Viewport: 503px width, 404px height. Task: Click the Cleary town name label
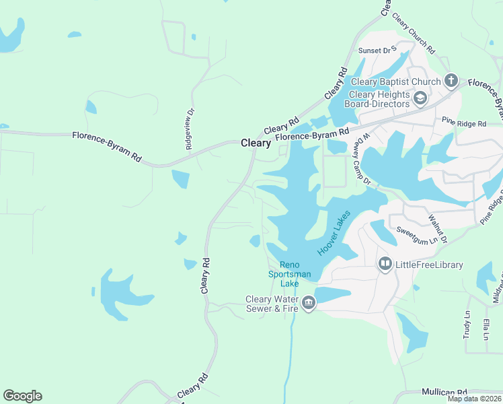pos(256,143)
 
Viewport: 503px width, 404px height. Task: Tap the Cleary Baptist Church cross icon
pos(451,81)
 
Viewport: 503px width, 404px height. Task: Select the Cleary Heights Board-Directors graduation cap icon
pos(420,99)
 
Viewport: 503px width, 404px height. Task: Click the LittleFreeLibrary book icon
pos(385,264)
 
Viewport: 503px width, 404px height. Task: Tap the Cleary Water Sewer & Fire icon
pos(309,304)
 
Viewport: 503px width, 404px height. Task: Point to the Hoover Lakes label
pos(334,232)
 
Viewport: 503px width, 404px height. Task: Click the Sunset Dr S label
pos(378,50)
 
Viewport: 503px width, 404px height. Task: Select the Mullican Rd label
pos(444,392)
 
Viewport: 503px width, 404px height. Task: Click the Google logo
pos(22,396)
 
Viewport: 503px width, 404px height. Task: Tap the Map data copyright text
pos(474,399)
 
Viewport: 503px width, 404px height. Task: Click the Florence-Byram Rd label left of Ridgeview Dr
pos(108,146)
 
